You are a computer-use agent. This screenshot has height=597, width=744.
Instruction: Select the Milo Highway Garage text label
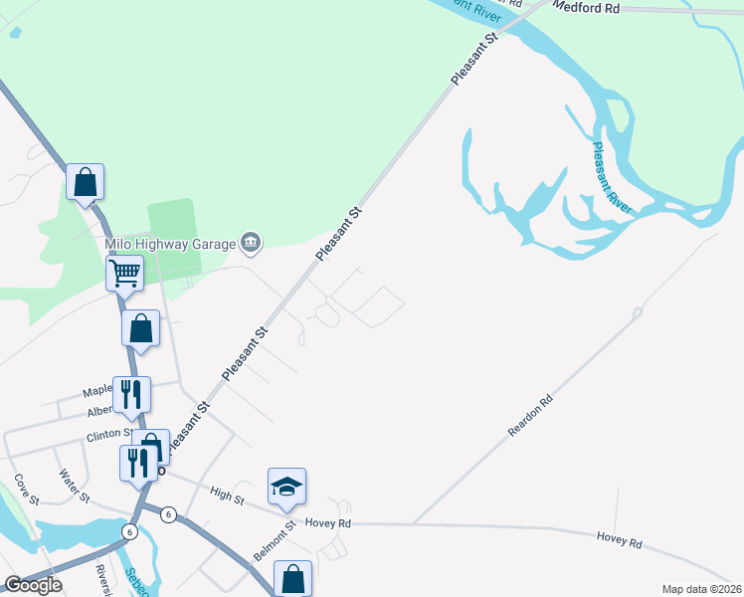click(170, 244)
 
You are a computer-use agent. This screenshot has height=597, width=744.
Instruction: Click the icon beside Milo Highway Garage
click(251, 242)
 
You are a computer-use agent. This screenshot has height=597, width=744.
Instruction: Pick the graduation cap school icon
click(286, 486)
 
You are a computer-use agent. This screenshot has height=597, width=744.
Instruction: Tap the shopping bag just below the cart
click(141, 327)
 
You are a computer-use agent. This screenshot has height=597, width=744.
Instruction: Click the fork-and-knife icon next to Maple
click(131, 394)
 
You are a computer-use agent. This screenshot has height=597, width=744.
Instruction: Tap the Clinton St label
click(108, 436)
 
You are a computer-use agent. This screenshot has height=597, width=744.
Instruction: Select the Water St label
click(74, 485)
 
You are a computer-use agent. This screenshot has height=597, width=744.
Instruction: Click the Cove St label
click(25, 488)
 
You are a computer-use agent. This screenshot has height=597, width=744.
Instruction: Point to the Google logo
click(34, 585)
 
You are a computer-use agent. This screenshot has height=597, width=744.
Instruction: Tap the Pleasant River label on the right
click(612, 177)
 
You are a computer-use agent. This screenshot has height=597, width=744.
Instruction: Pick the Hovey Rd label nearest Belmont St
click(328, 523)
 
